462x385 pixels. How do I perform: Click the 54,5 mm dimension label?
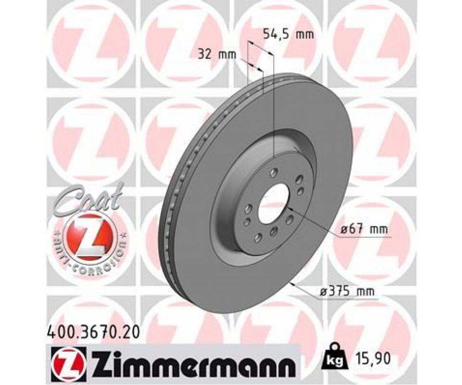pos(288,35)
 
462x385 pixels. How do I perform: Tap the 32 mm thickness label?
pos(217,54)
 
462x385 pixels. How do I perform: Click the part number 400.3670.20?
pos(93,333)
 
